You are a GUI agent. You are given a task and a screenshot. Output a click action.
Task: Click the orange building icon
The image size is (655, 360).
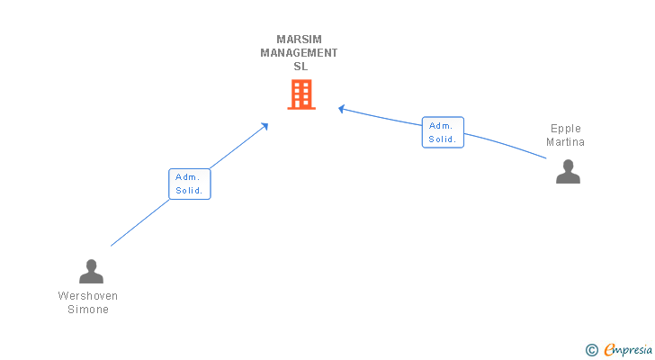pyautogui.click(x=301, y=94)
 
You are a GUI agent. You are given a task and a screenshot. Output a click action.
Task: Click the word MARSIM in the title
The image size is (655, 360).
pyautogui.click(x=299, y=40)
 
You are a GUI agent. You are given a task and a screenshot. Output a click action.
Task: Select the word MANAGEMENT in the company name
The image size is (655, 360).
pyautogui.click(x=299, y=52)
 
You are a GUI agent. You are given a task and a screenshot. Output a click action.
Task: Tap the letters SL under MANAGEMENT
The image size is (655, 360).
pyautogui.click(x=301, y=66)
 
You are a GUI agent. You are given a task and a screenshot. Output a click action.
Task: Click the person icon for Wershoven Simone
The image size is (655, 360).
pyautogui.click(x=91, y=272)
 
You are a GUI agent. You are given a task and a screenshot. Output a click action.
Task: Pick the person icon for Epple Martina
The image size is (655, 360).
pyautogui.click(x=568, y=171)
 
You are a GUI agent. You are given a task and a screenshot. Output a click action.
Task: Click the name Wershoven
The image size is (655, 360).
pyautogui.click(x=88, y=296)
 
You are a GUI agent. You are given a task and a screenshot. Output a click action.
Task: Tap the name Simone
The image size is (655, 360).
pyautogui.click(x=88, y=309)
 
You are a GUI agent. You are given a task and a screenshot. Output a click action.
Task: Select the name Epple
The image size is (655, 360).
pyautogui.click(x=566, y=129)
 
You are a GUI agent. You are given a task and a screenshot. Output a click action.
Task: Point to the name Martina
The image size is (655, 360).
pyautogui.click(x=565, y=142)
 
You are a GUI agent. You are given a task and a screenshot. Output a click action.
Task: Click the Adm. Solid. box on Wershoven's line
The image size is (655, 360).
pyautogui.click(x=190, y=184)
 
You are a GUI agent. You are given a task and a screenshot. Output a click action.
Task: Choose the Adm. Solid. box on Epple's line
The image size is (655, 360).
pyautogui.click(x=443, y=132)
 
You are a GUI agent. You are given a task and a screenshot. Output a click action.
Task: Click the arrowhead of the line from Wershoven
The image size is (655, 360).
pyautogui.click(x=265, y=126)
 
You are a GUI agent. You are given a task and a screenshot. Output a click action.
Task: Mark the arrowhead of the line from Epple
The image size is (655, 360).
pyautogui.click(x=341, y=109)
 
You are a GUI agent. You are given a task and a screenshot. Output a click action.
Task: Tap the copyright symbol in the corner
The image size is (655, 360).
pyautogui.click(x=591, y=350)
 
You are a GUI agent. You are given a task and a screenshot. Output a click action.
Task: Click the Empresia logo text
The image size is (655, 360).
pyautogui.click(x=628, y=350)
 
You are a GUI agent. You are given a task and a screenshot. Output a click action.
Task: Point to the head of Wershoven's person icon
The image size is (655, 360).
pyautogui.click(x=91, y=265)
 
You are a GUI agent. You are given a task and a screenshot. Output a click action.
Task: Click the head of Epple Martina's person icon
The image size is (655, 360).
pyautogui.click(x=568, y=166)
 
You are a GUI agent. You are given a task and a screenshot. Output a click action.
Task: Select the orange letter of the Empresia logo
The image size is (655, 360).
pyautogui.click(x=609, y=349)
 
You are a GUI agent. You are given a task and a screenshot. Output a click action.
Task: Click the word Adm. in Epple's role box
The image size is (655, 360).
pyautogui.click(x=441, y=126)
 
